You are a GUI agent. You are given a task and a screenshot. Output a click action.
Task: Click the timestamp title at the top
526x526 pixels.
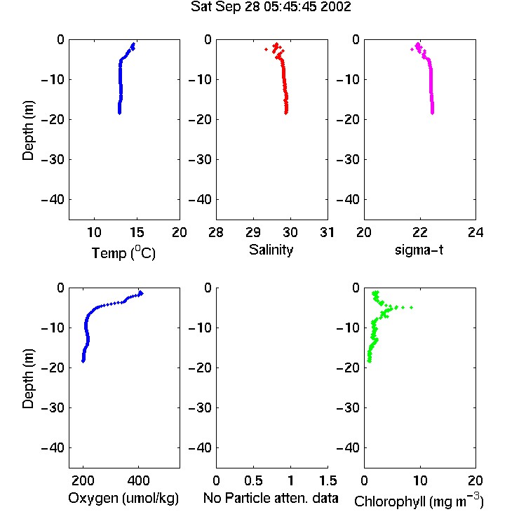coord(271,7)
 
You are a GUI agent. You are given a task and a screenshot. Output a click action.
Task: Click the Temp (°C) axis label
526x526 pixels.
coord(123,252)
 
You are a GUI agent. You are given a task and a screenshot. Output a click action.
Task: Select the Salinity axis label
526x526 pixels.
coord(271,250)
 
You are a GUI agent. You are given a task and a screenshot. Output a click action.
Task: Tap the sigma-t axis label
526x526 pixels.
coord(419,250)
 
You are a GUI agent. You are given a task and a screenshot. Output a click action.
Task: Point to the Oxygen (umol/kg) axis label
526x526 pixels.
coord(123,498)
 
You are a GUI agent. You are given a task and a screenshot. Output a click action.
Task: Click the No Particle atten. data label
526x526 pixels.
coord(271,498)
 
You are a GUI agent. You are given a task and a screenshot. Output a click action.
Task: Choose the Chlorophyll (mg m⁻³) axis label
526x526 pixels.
coord(419,501)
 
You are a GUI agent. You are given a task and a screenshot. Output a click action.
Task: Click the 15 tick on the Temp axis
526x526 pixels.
coord(137,232)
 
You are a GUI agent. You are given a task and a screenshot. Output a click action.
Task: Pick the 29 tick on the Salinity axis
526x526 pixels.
coord(253,232)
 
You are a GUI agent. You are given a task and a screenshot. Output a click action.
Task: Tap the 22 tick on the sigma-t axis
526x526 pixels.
coord(419,232)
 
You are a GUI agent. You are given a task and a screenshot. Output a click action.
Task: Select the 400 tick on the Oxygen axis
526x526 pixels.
coord(138,480)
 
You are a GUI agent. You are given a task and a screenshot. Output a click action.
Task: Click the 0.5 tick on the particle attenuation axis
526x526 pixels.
coord(253,480)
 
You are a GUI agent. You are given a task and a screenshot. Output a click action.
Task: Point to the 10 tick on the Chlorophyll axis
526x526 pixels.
coord(419,480)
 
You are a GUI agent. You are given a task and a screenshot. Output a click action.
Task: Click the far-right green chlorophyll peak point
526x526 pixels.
coord(411,307)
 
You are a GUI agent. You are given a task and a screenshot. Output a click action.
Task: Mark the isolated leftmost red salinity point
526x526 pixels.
coord(266,49)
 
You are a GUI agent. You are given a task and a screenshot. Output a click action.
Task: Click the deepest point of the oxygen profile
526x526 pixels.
coord(83,361)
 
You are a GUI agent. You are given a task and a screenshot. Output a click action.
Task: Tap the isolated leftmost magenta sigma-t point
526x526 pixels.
coord(412,49)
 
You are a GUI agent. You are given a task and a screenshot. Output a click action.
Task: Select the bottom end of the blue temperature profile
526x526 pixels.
coord(119,113)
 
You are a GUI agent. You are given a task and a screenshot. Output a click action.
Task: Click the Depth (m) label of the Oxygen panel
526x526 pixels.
coord(28,379)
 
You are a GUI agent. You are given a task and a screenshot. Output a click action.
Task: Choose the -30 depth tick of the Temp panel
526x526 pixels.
coord(53,159)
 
